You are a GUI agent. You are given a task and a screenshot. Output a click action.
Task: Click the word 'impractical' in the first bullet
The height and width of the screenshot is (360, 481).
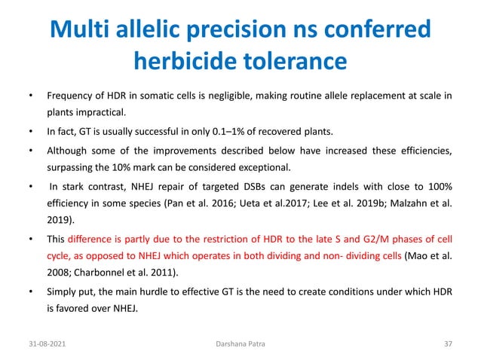[96, 114]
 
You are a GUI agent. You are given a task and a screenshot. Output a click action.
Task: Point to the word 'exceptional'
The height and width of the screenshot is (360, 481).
[264, 166]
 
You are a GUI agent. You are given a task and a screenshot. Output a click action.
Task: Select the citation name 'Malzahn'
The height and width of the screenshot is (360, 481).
[409, 204]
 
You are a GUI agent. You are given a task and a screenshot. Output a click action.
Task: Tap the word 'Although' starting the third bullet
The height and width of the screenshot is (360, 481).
[67, 151]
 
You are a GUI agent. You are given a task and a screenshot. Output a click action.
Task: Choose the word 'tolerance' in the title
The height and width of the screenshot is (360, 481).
[296, 59]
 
